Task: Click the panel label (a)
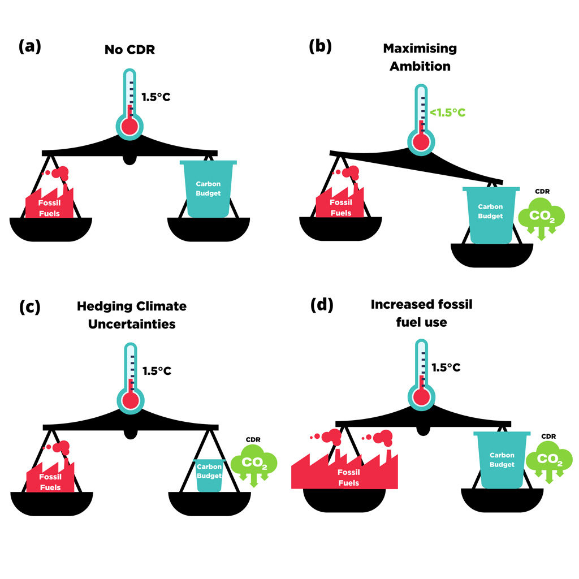click(30, 46)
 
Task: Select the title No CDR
click(129, 50)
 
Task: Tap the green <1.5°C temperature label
click(448, 113)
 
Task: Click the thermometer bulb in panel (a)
click(129, 127)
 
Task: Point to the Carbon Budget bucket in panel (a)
click(208, 189)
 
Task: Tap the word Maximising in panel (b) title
click(420, 49)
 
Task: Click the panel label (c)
click(29, 307)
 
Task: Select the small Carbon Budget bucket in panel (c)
click(209, 475)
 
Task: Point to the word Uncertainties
click(132, 324)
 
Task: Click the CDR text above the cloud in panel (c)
click(253, 439)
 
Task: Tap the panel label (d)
click(322, 305)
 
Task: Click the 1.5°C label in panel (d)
click(446, 368)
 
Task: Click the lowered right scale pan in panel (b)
click(492, 255)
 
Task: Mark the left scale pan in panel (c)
click(51, 504)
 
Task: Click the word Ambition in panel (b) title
click(420, 66)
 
